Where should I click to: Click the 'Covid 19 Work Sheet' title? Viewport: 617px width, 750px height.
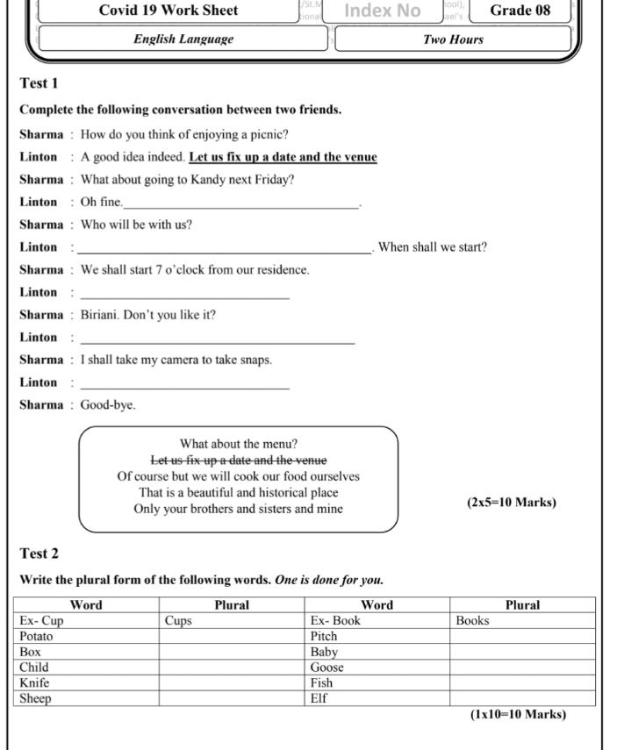point(169,11)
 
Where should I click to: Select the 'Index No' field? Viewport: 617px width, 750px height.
point(382,11)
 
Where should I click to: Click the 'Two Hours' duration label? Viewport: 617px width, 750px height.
point(453,39)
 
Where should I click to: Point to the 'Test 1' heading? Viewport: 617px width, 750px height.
point(39,83)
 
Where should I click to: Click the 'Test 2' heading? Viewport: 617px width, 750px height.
point(39,554)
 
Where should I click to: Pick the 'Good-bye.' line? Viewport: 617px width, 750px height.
point(108,405)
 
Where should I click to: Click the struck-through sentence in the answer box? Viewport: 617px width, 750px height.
point(238,461)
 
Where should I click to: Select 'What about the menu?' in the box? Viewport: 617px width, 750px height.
point(238,444)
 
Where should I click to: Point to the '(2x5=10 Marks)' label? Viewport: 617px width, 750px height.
point(511,503)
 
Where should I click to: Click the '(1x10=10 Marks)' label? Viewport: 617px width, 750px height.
point(518,714)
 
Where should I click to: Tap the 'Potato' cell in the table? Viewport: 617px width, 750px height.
point(36,636)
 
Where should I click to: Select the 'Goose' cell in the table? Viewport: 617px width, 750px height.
point(326,668)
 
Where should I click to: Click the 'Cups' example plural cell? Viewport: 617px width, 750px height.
point(178,620)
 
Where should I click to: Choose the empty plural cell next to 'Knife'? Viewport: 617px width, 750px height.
point(232,682)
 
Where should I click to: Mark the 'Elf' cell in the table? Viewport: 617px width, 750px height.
point(319,699)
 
